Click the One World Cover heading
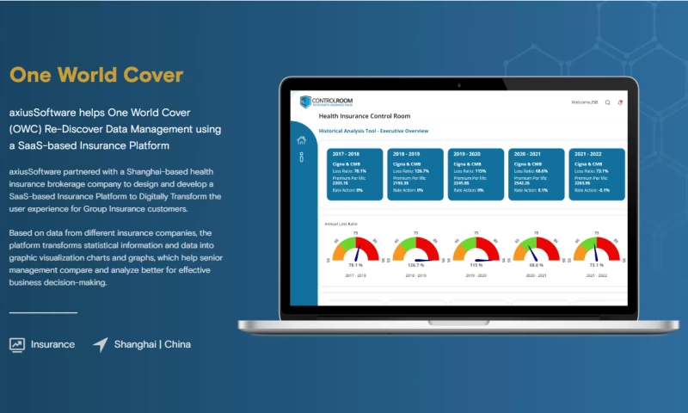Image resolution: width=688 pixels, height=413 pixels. pos(96,76)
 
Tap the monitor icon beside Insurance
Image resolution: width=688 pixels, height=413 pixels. pos(16,344)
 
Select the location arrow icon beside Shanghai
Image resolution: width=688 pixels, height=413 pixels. pos(101,344)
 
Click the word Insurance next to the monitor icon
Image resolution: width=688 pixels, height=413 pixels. pos(52,344)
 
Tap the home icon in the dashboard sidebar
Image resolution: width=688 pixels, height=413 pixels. pos(301,140)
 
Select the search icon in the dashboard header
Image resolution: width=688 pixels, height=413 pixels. pos(608,102)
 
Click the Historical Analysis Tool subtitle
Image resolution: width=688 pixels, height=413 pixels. pos(373,131)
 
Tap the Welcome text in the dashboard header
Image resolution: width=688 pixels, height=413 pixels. pos(585,102)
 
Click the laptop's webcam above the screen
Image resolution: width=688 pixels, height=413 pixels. pos(458,85)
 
